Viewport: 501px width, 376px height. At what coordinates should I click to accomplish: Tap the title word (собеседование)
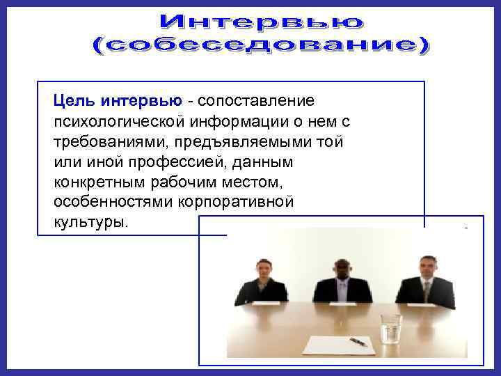[262, 46]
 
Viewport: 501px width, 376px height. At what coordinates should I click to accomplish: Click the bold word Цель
[75, 102]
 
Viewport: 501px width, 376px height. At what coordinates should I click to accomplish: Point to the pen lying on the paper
[358, 342]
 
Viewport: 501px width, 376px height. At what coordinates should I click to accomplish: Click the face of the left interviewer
[263, 269]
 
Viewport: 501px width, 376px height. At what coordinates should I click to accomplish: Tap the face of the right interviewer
[427, 267]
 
